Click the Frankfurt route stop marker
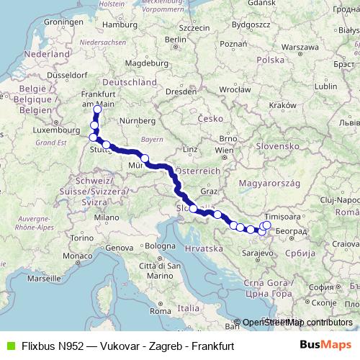tap(97, 109)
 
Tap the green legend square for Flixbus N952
tap(9, 346)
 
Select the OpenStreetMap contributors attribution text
tap(297, 323)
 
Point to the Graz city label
tap(210, 192)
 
